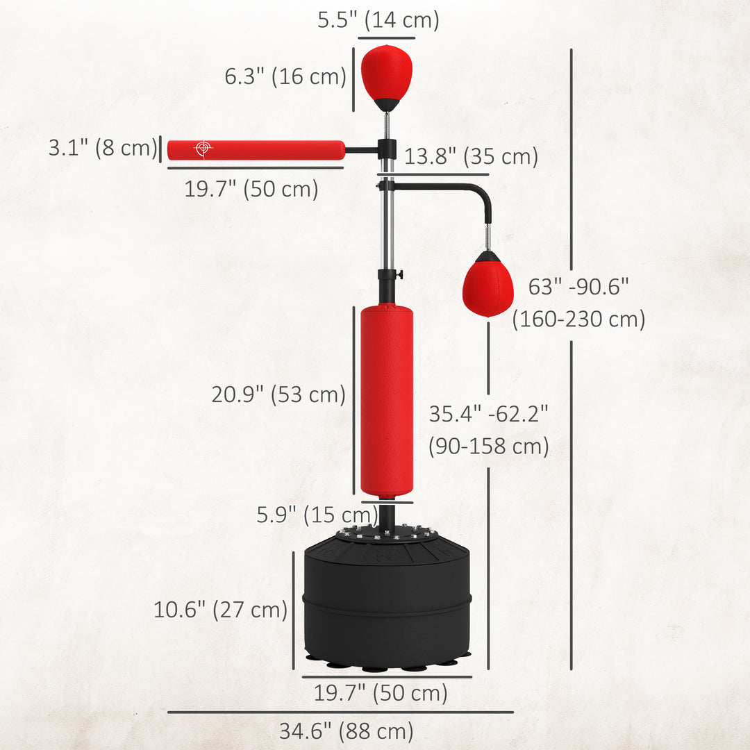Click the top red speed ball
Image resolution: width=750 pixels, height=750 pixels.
pyautogui.click(x=386, y=73)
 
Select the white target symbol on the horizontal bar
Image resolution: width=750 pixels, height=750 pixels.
pyautogui.click(x=203, y=149)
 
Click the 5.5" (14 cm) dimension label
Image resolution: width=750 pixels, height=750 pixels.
pyautogui.click(x=378, y=20)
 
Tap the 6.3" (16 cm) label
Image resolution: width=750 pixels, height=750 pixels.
pyautogui.click(x=285, y=76)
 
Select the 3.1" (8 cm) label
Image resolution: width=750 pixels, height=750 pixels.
pyautogui.click(x=103, y=148)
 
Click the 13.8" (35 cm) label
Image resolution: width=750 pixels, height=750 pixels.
pyautogui.click(x=472, y=156)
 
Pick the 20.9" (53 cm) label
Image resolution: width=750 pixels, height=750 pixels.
pyautogui.click(x=278, y=394)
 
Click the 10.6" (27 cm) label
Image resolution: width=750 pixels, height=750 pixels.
pyautogui.click(x=220, y=610)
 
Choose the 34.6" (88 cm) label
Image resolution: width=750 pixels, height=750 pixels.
pyautogui.click(x=346, y=731)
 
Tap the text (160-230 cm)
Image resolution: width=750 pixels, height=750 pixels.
pyautogui.click(x=578, y=319)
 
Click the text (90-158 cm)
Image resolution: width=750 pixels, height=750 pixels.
pyautogui.click(x=488, y=446)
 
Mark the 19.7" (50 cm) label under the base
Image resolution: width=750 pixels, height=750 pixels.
pyautogui.click(x=381, y=692)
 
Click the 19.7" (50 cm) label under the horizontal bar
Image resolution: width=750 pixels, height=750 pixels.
pyautogui.click(x=251, y=188)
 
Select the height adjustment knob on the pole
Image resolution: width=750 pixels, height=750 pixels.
pyautogui.click(x=399, y=274)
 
